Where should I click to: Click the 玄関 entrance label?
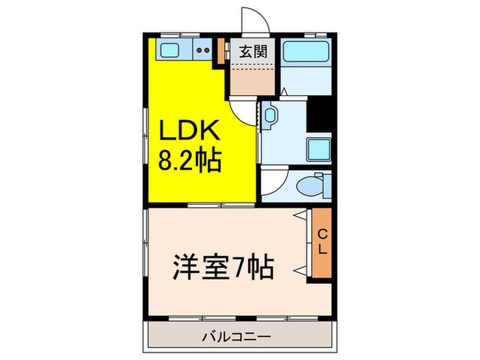249,50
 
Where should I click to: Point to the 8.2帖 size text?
189,161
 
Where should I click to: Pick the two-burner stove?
202,49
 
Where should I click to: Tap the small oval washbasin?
270,115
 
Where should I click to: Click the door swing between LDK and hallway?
242,110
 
